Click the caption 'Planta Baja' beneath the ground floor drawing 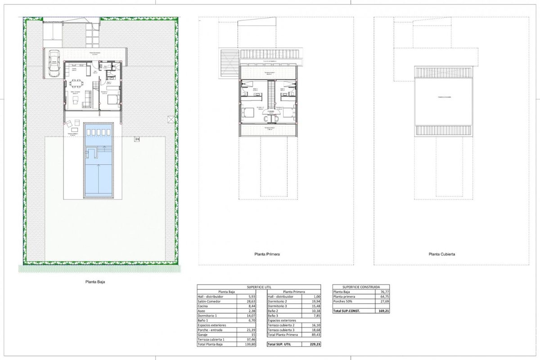coord(95,282)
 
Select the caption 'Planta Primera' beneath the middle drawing coord(267,254)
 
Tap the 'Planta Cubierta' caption coord(441,254)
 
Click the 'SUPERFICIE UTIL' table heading coord(259,287)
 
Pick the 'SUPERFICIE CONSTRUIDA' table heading coord(361,287)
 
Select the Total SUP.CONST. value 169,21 coord(383,311)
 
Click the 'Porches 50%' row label coord(343,301)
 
